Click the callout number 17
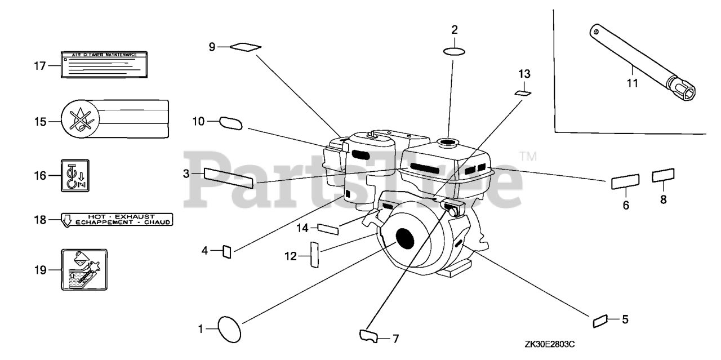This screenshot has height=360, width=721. point(39,66)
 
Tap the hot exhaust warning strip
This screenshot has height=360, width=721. point(116,219)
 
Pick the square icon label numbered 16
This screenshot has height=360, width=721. point(75,176)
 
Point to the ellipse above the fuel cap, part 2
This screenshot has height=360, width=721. point(455,52)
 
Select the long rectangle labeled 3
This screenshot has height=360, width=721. point(228,177)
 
